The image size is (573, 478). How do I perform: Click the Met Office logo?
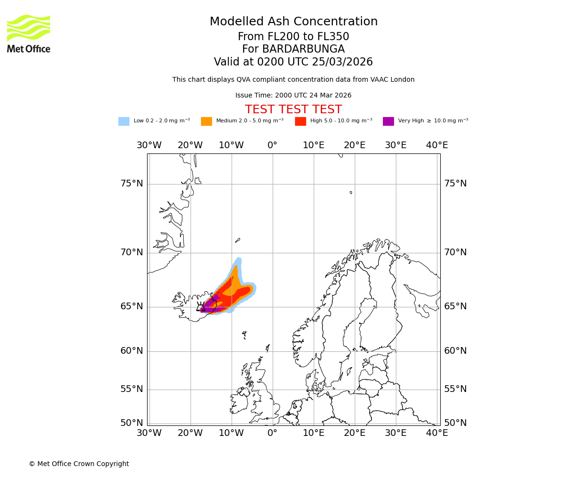pos(29,33)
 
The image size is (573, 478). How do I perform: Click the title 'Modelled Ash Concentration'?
pos(293,22)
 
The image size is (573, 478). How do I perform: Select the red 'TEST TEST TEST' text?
pos(293,110)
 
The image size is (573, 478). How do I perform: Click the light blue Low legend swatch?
pos(124,121)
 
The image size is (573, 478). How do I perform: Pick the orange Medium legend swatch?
pos(206,121)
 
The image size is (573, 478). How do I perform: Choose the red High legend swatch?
pos(300,121)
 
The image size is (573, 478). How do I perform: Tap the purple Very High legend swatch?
pos(388,121)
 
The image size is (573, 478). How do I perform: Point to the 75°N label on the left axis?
pos(131,184)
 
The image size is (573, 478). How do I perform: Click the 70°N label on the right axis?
pos(455,252)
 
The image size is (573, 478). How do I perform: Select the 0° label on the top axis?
pos(272,145)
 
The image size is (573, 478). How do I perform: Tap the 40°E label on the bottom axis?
pos(436,433)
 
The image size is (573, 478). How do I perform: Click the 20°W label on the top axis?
pos(190,145)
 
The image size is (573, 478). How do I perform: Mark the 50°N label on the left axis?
pos(131,423)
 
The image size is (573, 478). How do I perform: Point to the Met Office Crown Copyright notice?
pos(79,464)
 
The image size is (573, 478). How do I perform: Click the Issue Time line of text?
pos(293,96)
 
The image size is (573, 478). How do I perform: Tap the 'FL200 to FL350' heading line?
pos(293,37)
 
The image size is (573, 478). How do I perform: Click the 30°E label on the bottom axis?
pos(395,433)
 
